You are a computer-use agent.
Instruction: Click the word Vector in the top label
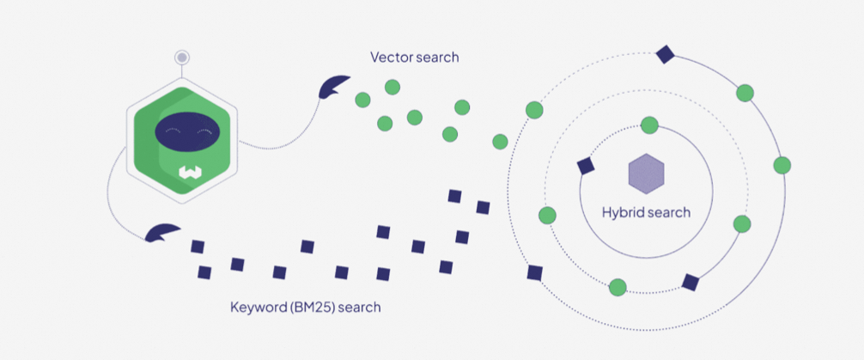point(388,58)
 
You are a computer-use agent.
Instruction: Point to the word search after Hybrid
point(670,212)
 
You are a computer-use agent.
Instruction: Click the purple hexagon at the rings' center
point(647,174)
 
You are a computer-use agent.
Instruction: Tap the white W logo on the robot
point(189,173)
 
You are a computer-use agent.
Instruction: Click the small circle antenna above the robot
point(181,58)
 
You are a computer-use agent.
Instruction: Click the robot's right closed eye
point(204,131)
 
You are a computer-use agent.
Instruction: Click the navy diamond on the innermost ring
point(587,166)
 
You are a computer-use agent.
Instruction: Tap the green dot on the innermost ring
point(649,125)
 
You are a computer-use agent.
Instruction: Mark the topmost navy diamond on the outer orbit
point(664,54)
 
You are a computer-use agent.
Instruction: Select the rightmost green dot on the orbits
point(782,165)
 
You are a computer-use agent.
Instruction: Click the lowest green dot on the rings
point(618,287)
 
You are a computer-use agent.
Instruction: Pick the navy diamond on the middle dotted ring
point(690,282)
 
